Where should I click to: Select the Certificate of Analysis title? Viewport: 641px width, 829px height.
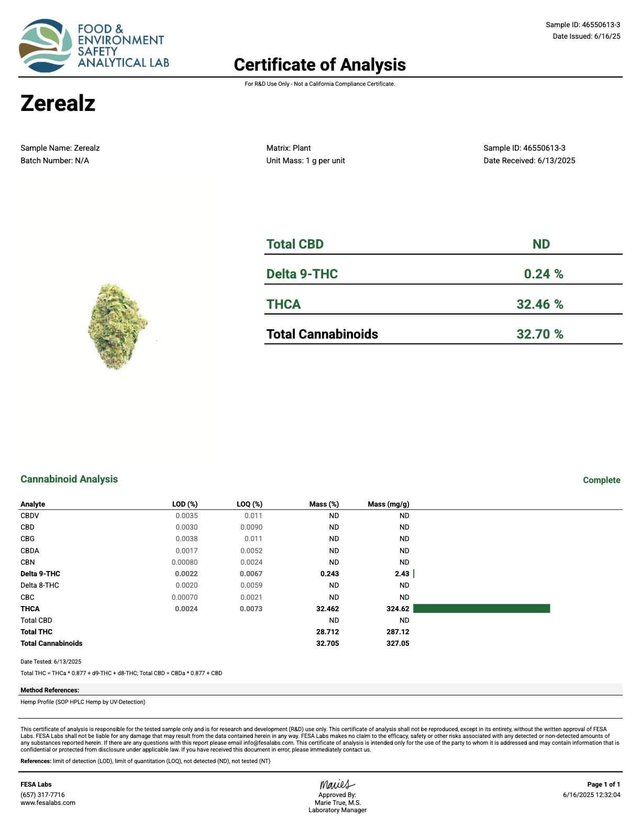click(x=319, y=65)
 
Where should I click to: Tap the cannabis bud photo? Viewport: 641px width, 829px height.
click(x=117, y=326)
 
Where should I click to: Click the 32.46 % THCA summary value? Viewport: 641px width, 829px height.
click(x=539, y=305)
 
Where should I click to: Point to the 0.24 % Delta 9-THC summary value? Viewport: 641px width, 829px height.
click(x=543, y=274)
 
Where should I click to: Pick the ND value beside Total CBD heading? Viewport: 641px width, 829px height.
click(x=541, y=244)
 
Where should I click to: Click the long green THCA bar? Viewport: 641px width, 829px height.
click(x=481, y=609)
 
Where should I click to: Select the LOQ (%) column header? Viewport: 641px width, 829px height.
click(x=249, y=504)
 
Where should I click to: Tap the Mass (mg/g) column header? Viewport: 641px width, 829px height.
click(x=388, y=504)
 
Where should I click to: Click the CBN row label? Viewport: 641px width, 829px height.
click(x=28, y=562)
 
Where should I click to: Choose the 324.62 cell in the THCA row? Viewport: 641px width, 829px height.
click(x=397, y=609)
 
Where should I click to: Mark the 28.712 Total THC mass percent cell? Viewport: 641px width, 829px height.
click(x=327, y=632)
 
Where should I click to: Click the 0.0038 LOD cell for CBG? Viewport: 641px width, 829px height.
click(x=186, y=539)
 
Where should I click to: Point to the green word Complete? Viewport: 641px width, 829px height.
click(x=601, y=480)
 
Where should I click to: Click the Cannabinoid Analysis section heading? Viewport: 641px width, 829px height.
click(x=69, y=479)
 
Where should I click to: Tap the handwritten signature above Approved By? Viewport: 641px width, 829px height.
click(x=337, y=785)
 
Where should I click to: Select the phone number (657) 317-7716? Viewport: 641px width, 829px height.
click(x=42, y=794)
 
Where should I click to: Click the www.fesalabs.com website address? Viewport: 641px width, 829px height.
click(x=48, y=802)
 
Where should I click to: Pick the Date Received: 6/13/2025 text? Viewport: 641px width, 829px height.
click(x=529, y=161)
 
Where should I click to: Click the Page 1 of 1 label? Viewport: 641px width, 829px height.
click(x=603, y=785)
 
